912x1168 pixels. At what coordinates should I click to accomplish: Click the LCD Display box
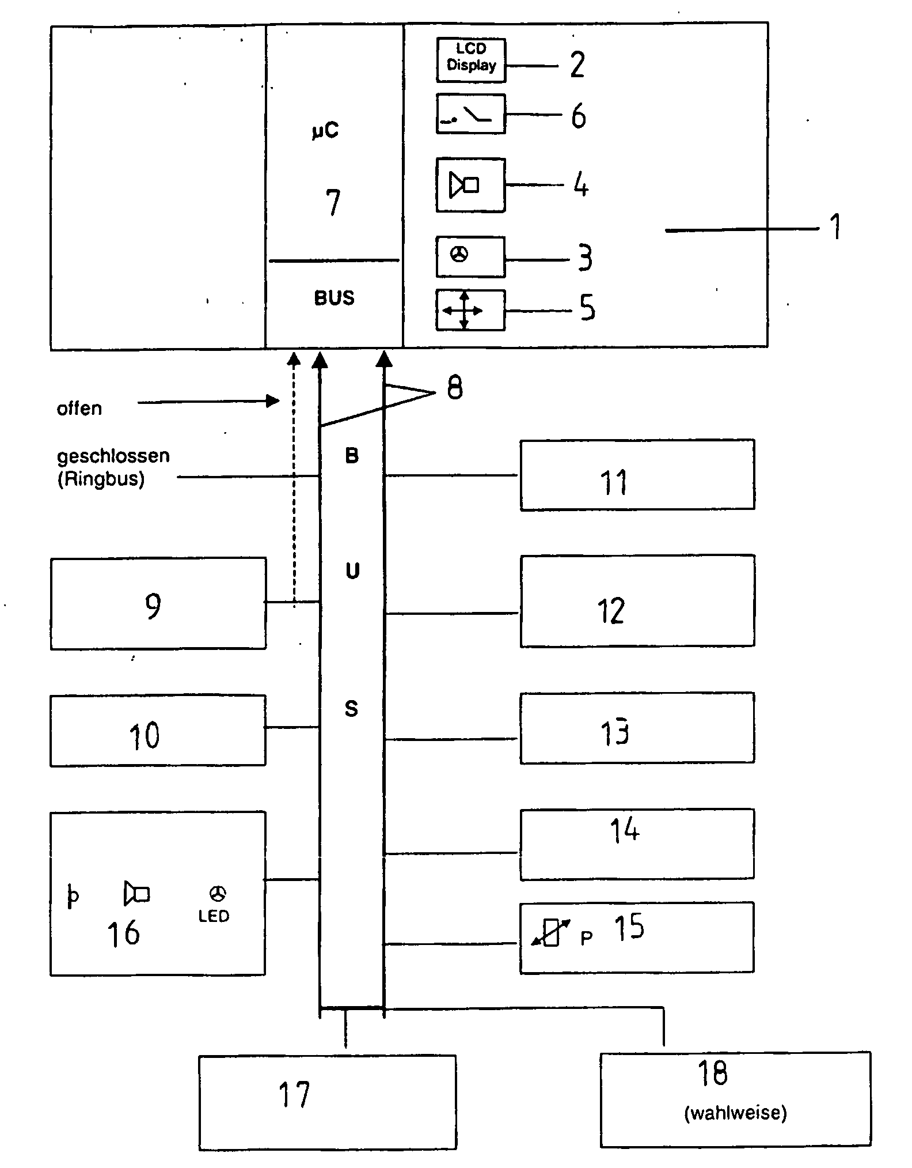[x=470, y=60]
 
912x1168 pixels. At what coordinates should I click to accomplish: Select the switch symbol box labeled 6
[x=470, y=114]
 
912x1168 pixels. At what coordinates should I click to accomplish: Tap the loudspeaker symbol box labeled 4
[x=470, y=185]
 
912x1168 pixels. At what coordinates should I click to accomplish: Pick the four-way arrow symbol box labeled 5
[x=470, y=311]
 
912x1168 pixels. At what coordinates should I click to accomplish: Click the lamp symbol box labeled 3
[x=470, y=256]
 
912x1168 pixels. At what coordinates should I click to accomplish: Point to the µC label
[x=326, y=131]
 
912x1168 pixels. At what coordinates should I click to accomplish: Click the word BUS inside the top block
[x=334, y=298]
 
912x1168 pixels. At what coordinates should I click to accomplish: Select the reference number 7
[x=333, y=202]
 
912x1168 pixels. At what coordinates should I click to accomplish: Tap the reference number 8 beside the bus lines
[x=454, y=388]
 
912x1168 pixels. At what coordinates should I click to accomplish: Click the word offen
[x=79, y=409]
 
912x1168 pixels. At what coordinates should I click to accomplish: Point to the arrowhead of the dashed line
[x=294, y=360]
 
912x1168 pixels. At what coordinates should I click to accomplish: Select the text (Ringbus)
[x=101, y=479]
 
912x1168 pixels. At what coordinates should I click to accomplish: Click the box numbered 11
[x=637, y=475]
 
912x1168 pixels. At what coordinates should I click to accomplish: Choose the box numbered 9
[x=158, y=603]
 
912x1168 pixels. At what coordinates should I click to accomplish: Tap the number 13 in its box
[x=614, y=732]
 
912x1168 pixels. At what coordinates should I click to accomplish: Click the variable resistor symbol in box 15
[x=550, y=933]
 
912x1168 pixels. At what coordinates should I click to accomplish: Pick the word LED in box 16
[x=214, y=916]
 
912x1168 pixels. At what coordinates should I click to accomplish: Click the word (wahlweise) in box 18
[x=735, y=1113]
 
